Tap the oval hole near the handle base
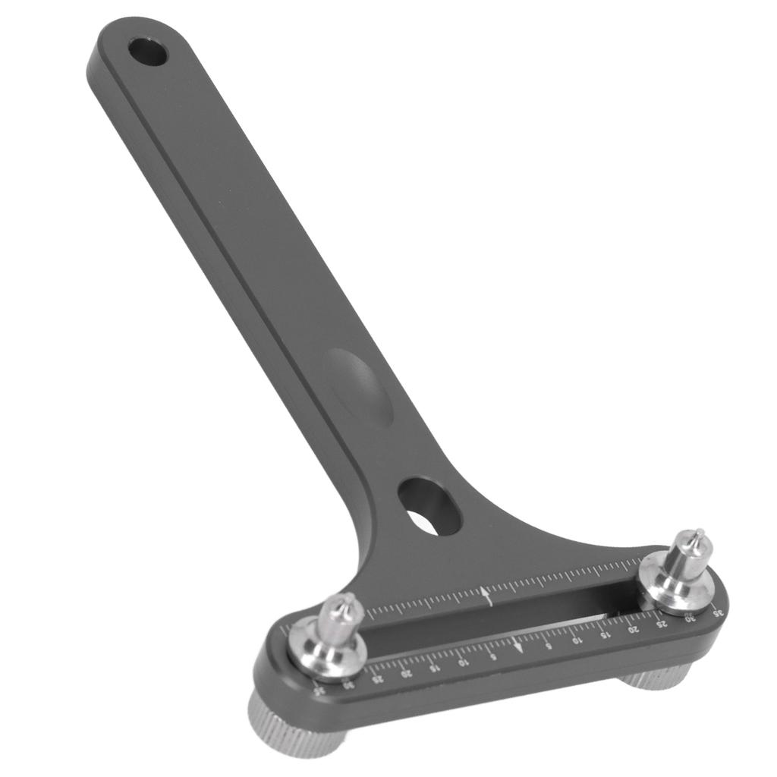[429, 507]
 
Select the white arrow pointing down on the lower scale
[517, 646]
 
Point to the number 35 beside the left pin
[319, 691]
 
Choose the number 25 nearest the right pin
[661, 624]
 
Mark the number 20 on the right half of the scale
[632, 629]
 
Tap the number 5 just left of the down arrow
[492, 656]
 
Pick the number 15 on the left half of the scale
[433, 668]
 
